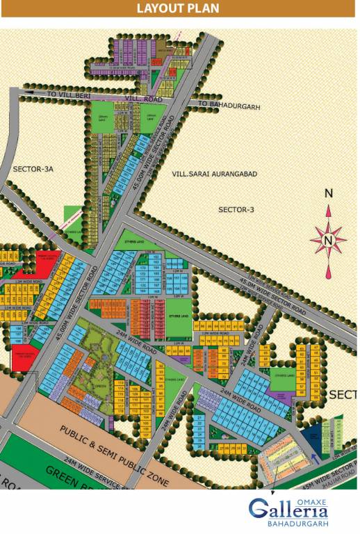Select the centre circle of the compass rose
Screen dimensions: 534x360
329,241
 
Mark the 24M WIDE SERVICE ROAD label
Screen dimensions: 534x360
90,473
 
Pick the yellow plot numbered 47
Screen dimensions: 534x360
316,346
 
